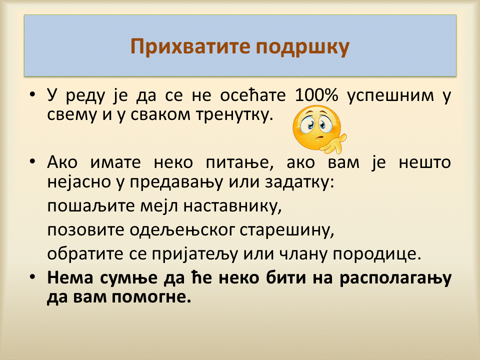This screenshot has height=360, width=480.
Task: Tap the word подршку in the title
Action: click(x=302, y=48)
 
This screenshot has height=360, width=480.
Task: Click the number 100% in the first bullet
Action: click(x=316, y=95)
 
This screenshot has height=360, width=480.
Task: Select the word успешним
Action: click(x=390, y=96)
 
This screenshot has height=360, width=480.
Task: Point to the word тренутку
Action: click(x=234, y=115)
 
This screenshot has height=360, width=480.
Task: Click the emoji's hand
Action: click(x=333, y=143)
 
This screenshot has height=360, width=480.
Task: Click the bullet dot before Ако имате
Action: click(x=32, y=161)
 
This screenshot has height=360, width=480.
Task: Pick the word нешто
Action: click(x=424, y=162)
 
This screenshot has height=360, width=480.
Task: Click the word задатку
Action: click(x=299, y=183)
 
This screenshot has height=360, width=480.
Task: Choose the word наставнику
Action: click(x=232, y=206)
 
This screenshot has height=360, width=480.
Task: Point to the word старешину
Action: click(x=286, y=231)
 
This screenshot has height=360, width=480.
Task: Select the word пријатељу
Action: click(x=194, y=254)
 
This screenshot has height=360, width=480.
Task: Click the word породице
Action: click(x=377, y=254)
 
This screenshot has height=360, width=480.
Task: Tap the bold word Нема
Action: click(x=70, y=277)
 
